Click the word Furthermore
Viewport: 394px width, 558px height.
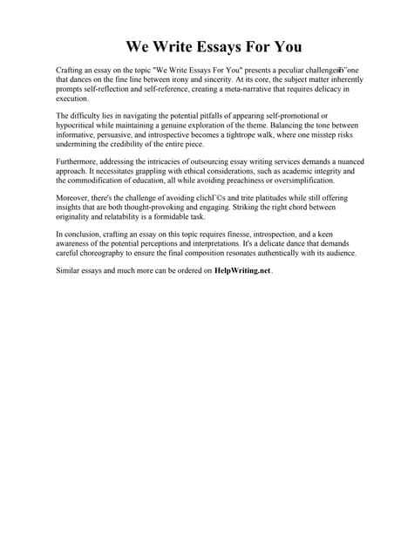(x=81, y=161)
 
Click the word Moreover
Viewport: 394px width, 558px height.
(x=74, y=198)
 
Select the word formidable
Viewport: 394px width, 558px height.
(x=170, y=217)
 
